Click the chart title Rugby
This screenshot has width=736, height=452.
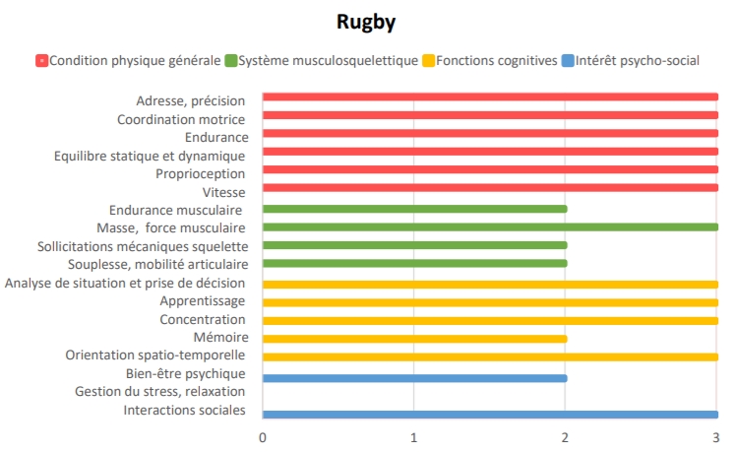367,22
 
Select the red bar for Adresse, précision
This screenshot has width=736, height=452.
489,97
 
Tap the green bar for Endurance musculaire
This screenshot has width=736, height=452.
414,209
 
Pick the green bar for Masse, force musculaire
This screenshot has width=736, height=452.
489,226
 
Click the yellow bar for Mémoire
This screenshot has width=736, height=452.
414,338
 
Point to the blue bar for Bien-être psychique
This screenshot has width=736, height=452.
414,377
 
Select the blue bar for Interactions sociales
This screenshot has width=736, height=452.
489,415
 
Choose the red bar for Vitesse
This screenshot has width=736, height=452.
489,188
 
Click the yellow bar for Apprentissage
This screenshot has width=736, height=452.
489,302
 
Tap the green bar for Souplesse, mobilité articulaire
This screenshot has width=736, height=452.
414,263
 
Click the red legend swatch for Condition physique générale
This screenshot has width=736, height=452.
41,61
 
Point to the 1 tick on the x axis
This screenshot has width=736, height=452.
413,436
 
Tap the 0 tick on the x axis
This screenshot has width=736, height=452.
263,436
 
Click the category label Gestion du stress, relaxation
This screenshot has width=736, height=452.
160,392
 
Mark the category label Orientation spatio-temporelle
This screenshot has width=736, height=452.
155,355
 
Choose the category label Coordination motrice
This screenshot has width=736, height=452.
181,119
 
